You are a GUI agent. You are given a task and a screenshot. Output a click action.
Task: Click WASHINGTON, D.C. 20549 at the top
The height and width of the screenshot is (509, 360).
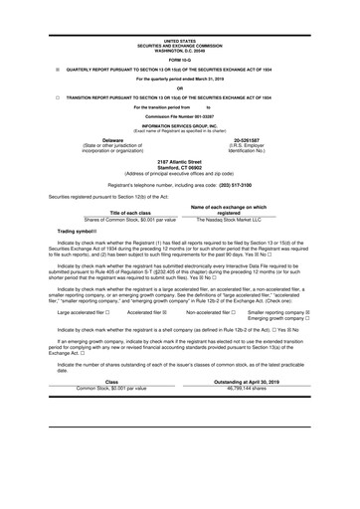pyautogui.click(x=180, y=22)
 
